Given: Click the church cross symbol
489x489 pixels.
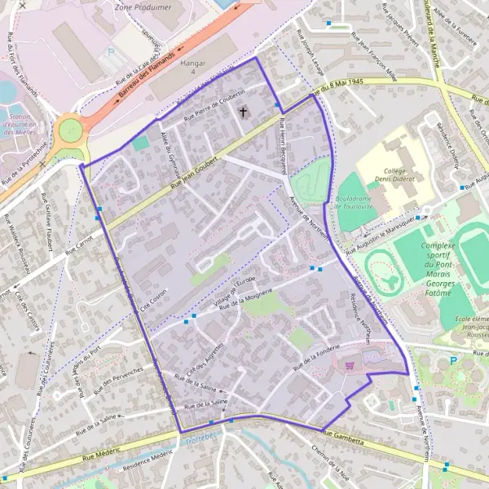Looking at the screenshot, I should pos(242,109).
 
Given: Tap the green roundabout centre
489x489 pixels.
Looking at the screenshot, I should pos(71,129).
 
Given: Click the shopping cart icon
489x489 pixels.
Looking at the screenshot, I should pos(351,368).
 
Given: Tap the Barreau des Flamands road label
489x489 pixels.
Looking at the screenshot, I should pos(139,82).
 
